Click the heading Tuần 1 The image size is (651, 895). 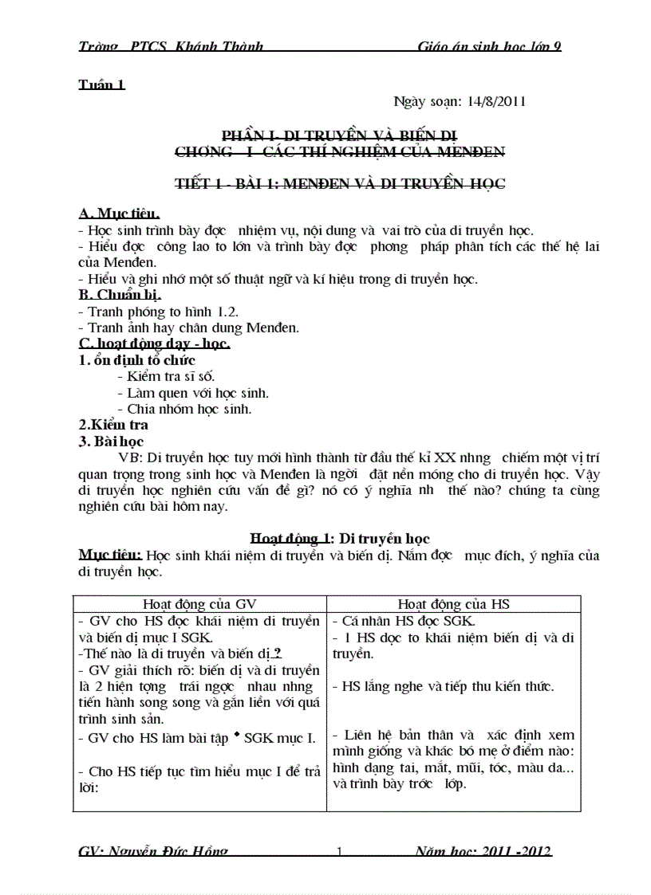101,84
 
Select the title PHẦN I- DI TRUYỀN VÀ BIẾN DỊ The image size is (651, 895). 339,135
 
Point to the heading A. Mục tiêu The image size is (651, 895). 119,214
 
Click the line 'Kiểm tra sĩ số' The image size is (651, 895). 165,376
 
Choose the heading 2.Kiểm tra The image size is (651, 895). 113,426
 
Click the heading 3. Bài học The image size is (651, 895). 111,441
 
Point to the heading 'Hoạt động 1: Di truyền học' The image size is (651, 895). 340,539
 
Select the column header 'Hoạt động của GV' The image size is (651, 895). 199,604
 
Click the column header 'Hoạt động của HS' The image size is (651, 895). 453,604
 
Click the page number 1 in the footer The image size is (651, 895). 339,852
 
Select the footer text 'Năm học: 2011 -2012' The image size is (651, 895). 483,851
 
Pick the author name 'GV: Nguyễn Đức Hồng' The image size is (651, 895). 153,851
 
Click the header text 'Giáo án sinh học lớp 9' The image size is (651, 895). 490,46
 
